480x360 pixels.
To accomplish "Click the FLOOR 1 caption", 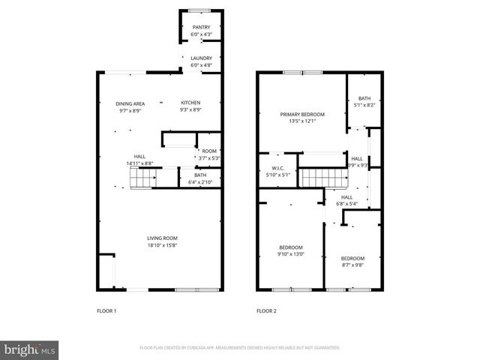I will (107, 310).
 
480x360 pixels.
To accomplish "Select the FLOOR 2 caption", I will (266, 310).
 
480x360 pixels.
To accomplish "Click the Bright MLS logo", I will (29, 349).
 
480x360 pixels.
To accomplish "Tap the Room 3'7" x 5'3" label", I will (208, 154).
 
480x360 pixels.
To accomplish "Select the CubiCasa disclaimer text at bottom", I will (240, 348).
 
